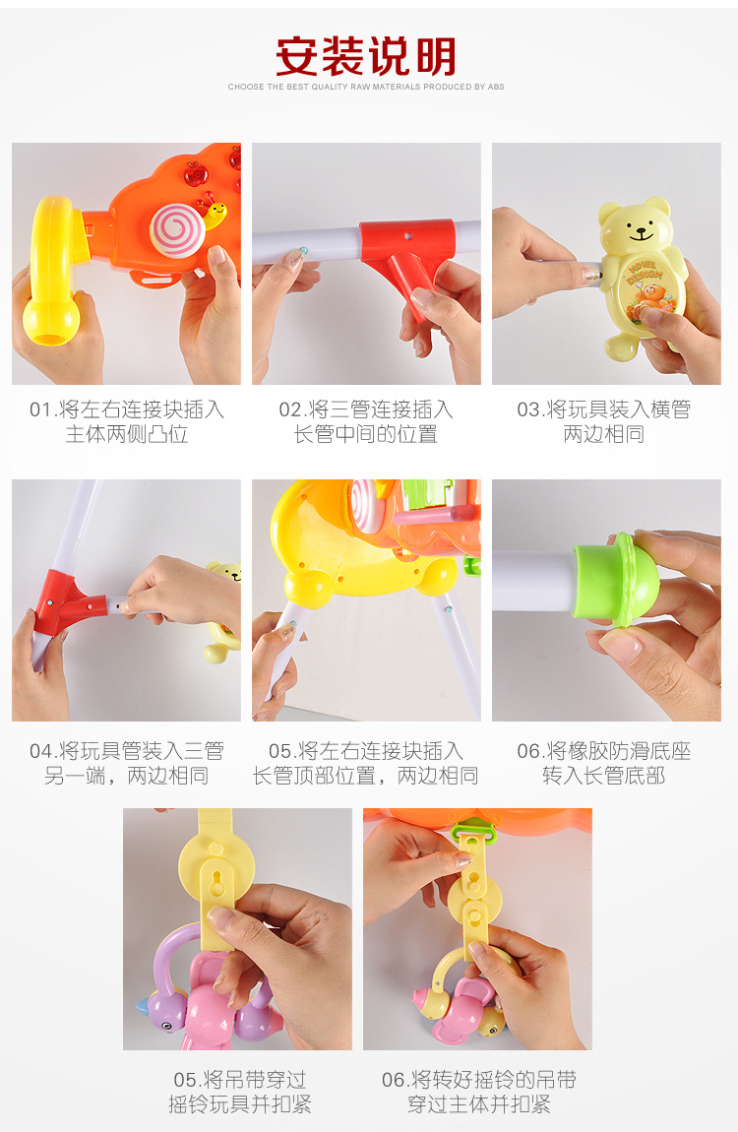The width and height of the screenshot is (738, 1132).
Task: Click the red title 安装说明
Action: pyautogui.click(x=366, y=56)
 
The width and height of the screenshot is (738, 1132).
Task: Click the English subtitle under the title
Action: pyautogui.click(x=366, y=87)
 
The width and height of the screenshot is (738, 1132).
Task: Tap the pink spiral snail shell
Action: pyautogui.click(x=177, y=229)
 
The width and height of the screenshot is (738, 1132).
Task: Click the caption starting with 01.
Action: pyautogui.click(x=126, y=421)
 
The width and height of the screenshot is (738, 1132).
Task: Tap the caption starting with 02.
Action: pyautogui.click(x=366, y=421)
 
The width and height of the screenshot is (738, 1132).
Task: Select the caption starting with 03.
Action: pyautogui.click(x=604, y=421)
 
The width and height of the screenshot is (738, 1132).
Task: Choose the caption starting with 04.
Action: pyautogui.click(x=126, y=763)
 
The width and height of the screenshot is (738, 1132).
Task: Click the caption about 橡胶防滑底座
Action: pyautogui.click(x=604, y=763)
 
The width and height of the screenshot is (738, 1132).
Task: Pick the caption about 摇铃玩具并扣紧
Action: pyautogui.click(x=240, y=1092)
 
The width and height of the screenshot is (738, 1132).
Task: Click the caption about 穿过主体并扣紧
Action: pyautogui.click(x=479, y=1092)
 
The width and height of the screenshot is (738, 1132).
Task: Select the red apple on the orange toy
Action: pyautogui.click(x=195, y=174)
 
